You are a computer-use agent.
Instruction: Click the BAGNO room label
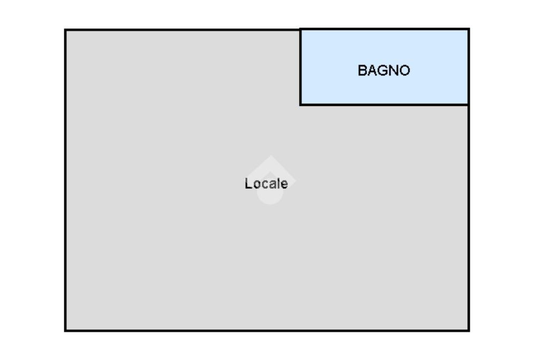[x=384, y=70]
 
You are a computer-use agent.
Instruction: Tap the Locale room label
[x=266, y=183]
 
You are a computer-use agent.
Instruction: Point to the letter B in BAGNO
[x=362, y=70]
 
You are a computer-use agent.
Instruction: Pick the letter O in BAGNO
[x=404, y=70]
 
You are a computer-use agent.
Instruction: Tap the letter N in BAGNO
[x=394, y=70]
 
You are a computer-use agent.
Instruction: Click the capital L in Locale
[x=248, y=183]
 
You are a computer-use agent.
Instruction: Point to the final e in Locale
[x=285, y=184]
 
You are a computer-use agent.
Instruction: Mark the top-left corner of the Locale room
[x=65, y=30]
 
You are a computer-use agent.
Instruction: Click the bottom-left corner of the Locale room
[x=65, y=330]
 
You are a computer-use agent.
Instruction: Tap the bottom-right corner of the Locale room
[x=469, y=330]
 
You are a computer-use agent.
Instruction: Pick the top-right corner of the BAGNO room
[x=469, y=30]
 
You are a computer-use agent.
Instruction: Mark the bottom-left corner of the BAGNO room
[x=301, y=104]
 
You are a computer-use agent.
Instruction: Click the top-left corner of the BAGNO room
[x=301, y=30]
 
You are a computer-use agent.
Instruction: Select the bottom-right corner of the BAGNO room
[x=469, y=104]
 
